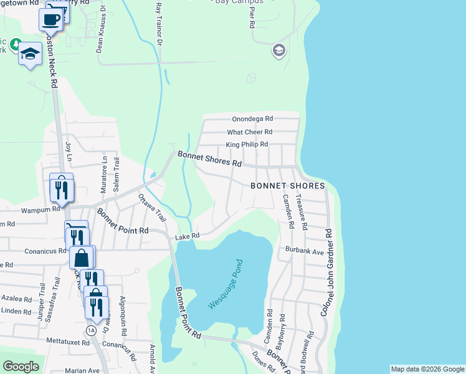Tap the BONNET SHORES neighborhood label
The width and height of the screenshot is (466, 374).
pyautogui.click(x=288, y=186)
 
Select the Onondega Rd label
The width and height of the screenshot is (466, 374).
pyautogui.click(x=252, y=118)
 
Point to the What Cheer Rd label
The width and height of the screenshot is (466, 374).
pyautogui.click(x=250, y=132)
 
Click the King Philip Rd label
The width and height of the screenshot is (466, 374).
pyautogui.click(x=247, y=145)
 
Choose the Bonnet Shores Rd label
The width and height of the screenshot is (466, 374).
pyautogui.click(x=209, y=158)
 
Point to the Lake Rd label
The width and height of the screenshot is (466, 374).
pyautogui.click(x=187, y=236)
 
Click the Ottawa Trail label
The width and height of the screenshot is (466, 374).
pyautogui.click(x=153, y=208)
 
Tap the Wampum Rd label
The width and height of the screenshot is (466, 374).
pyautogui.click(x=39, y=210)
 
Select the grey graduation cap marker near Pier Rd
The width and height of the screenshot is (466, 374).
pyautogui.click(x=279, y=50)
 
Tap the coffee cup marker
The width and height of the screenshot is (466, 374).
pyautogui.click(x=50, y=19)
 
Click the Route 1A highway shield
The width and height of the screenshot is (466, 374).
pyautogui.click(x=92, y=330)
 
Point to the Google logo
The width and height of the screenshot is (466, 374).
pyautogui.click(x=21, y=367)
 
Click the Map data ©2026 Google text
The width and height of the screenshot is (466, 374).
pyautogui.click(x=427, y=369)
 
